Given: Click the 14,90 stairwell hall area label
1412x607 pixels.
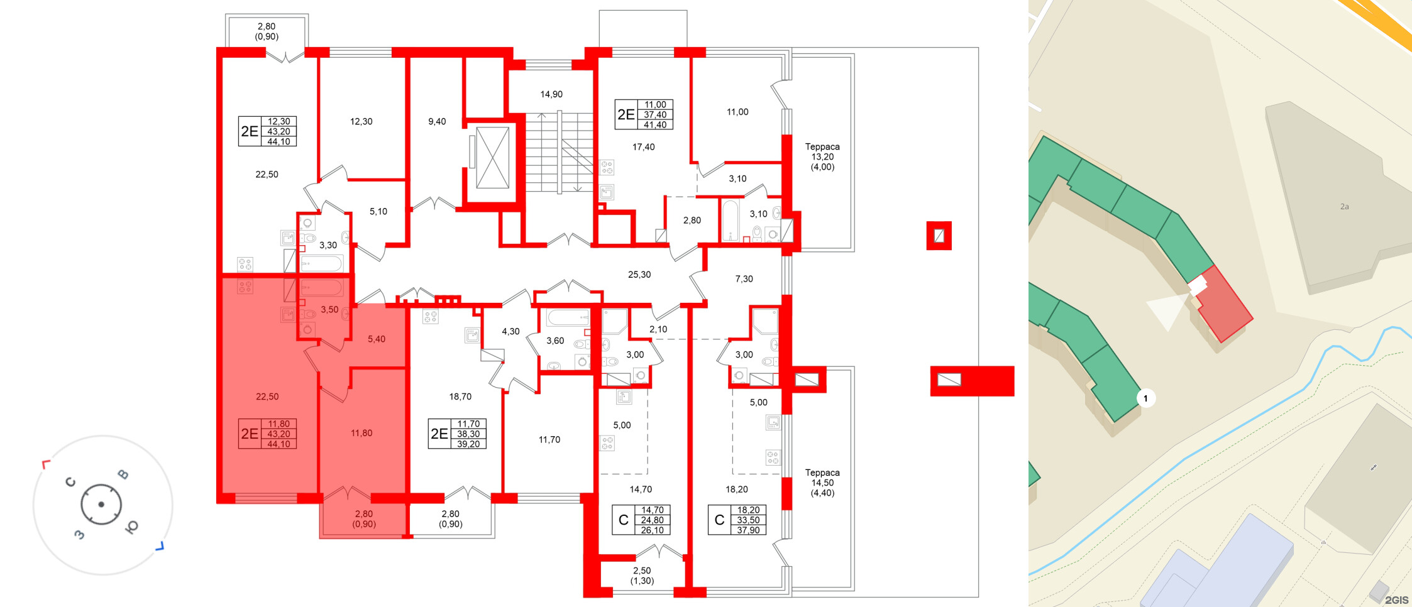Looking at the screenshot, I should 551,94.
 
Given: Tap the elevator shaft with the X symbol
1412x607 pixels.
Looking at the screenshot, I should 492,158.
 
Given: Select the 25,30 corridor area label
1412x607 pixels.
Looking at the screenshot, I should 639,275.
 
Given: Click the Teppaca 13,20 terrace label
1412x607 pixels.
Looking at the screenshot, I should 822,156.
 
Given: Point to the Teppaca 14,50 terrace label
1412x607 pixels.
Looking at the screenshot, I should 822,483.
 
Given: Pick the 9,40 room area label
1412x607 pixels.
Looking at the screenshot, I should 437,121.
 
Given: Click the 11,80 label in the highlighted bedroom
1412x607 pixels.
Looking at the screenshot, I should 361,433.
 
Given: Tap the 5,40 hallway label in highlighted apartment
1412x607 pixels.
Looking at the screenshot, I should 377,339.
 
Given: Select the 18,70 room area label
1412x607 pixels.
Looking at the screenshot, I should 460,396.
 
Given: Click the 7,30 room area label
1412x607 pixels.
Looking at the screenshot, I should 744,279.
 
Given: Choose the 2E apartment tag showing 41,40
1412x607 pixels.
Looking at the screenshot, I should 644,114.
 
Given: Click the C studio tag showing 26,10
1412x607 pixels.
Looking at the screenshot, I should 641,520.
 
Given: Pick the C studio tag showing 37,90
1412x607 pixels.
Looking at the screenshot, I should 737,520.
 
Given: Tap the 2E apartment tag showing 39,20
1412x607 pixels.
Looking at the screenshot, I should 457,434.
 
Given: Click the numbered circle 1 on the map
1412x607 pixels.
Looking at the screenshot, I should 1145,398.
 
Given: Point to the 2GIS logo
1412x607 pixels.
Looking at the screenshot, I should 1396,600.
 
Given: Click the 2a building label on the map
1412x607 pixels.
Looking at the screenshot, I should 1344,207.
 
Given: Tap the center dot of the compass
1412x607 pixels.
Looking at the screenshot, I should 101,505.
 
